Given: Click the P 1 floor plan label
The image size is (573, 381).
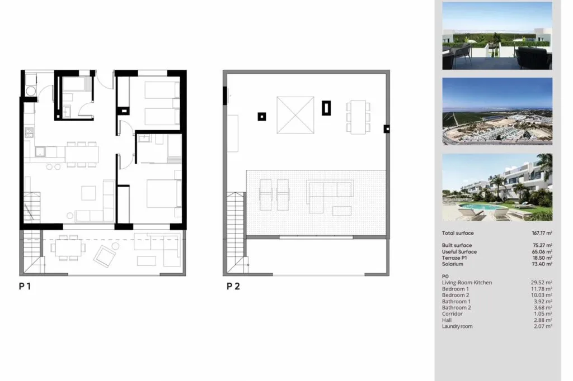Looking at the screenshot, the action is pos(25,287).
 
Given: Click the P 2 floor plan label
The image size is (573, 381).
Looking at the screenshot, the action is pos(233,287).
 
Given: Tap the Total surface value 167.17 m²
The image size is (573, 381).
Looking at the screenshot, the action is pos(542,233).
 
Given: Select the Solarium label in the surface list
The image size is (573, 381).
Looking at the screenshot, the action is pos(452,264).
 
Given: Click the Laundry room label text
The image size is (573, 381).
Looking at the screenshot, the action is pos(457,326).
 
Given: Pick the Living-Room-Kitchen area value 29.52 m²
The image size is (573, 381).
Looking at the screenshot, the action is pos(542,283).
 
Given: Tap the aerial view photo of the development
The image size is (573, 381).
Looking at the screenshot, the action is pos(497,111).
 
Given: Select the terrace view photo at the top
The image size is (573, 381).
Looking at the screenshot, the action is pos(497,36).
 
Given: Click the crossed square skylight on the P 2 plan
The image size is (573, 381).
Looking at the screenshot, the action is pos(295,115).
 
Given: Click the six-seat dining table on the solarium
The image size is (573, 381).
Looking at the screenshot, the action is pos(358,117).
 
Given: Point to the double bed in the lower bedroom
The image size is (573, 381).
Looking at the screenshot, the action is pos(164,193).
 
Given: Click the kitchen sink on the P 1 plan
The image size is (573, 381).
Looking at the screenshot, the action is pos(40,151).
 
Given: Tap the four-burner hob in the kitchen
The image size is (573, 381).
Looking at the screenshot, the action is pos(29,132).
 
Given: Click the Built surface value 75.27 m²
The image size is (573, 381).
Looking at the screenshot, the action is pos(542,245).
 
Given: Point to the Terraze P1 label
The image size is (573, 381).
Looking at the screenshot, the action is pos(454,258).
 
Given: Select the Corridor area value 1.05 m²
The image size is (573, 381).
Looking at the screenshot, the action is pos(542,314).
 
